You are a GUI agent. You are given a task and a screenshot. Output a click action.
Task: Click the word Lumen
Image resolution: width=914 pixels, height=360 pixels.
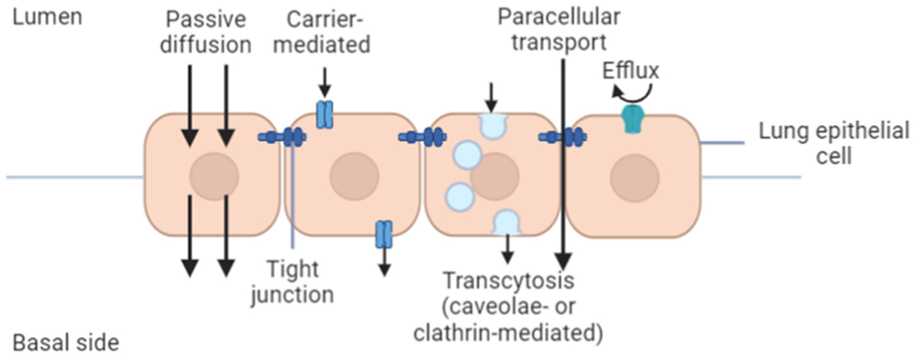47,17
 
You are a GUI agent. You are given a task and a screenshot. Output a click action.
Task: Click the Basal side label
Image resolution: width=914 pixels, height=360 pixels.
66,343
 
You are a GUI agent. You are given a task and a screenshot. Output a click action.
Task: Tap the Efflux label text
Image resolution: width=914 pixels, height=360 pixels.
631,71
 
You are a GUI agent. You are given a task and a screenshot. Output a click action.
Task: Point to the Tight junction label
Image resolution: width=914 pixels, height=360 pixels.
292,282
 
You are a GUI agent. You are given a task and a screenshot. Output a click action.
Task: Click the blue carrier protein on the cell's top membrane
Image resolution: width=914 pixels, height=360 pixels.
324,115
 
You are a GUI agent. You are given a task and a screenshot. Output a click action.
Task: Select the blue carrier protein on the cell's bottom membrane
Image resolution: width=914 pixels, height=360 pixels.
384,234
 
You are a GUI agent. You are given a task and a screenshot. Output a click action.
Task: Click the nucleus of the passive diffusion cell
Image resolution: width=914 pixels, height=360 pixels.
214,176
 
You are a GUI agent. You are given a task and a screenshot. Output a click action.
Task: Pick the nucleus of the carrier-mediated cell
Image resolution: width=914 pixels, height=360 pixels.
354,176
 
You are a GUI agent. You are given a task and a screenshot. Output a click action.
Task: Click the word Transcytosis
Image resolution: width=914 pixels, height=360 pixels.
509,281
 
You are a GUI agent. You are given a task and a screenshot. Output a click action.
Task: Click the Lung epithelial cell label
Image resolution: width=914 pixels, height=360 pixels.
834,143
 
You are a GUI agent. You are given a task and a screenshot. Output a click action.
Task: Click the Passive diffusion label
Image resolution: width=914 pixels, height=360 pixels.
206,32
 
